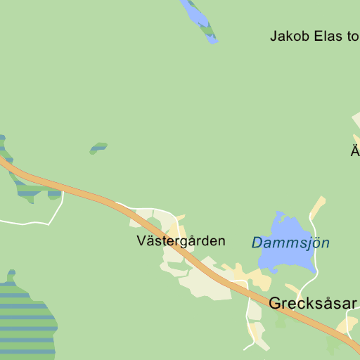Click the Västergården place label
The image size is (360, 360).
(181, 241)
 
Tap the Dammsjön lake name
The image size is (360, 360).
(290, 243)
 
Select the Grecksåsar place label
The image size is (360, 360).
(313, 304)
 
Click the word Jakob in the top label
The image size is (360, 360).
(288, 36)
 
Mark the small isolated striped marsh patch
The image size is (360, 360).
(98, 148)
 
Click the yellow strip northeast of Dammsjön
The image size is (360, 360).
(318, 208)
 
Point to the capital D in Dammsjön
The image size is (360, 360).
(257, 243)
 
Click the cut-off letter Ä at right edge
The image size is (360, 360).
(356, 150)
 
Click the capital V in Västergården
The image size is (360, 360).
(141, 241)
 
